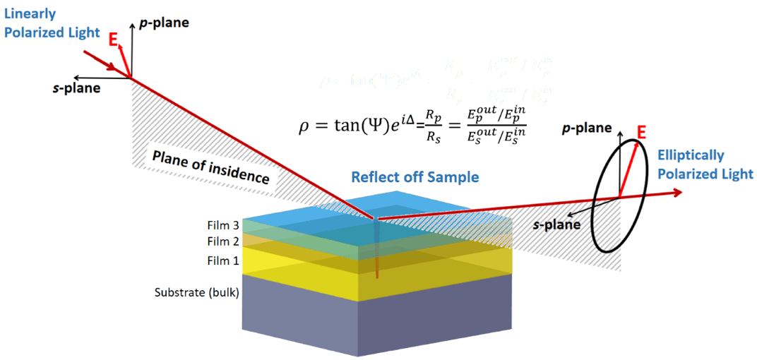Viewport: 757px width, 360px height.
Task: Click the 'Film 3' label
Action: tap(222, 227)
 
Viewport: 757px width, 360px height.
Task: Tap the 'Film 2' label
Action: tap(222, 241)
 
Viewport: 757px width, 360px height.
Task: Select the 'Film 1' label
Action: tap(222, 261)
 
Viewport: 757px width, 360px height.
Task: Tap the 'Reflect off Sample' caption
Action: tap(415, 176)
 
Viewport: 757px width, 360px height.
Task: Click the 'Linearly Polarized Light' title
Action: tap(38, 23)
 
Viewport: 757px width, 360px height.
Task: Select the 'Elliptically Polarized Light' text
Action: tap(705, 164)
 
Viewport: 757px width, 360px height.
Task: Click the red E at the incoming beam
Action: tap(113, 41)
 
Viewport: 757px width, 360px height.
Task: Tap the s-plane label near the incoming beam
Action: tap(76, 88)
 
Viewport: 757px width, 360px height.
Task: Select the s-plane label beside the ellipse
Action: tap(557, 224)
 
